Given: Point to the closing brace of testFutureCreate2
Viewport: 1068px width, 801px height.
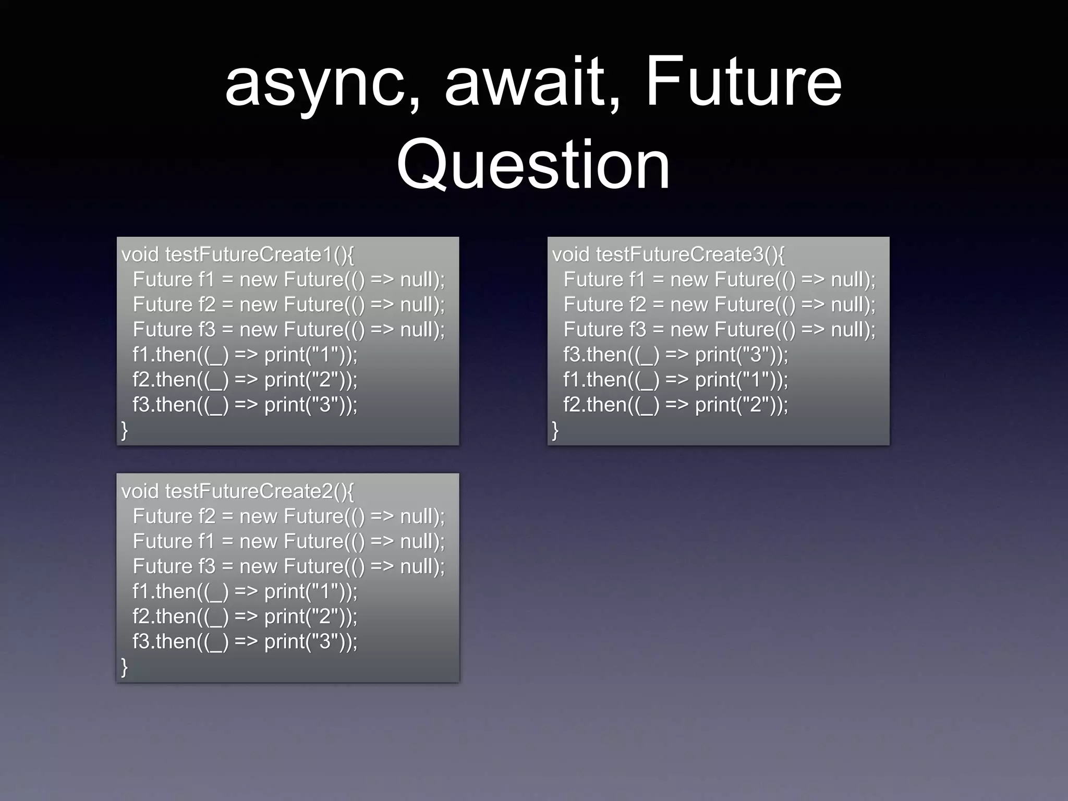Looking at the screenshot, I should pos(124,666).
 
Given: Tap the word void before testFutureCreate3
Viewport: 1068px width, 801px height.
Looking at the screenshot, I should pos(571,254).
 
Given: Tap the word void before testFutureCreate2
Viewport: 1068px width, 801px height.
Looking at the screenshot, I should pos(140,491).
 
